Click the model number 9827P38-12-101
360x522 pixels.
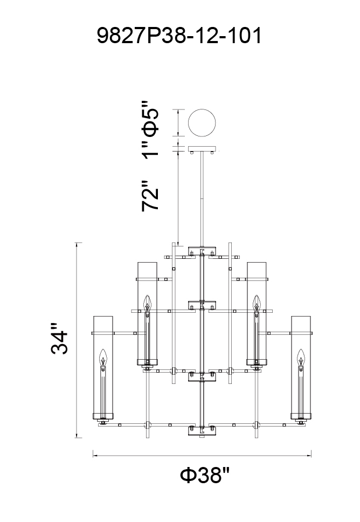pyautogui.click(x=179, y=36)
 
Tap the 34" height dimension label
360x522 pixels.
pyautogui.click(x=60, y=338)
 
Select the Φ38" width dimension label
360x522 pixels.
pyautogui.click(x=205, y=476)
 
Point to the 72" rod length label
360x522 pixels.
pyautogui.click(x=150, y=195)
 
